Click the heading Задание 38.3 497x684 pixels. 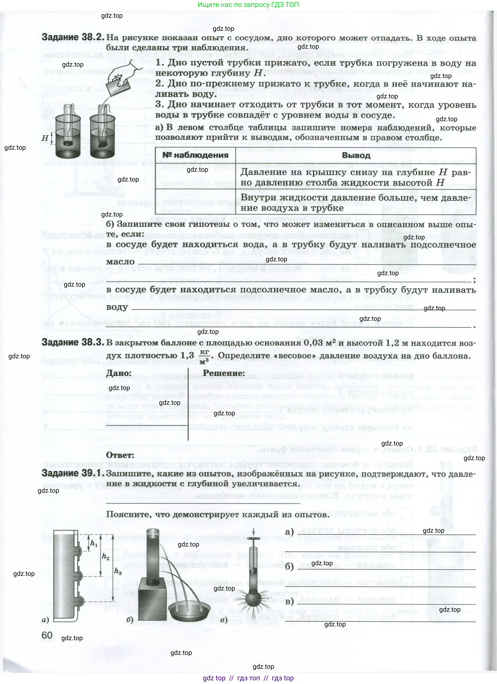coord(73,343)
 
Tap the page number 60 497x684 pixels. coord(47,636)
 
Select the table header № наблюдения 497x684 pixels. coord(195,155)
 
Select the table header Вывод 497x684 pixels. coord(356,156)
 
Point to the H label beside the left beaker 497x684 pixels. coord(45,138)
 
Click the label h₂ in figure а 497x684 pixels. coord(105,556)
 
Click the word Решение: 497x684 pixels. coord(224,373)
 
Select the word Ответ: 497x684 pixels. coord(120,455)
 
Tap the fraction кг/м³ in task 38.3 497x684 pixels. coord(204,356)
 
